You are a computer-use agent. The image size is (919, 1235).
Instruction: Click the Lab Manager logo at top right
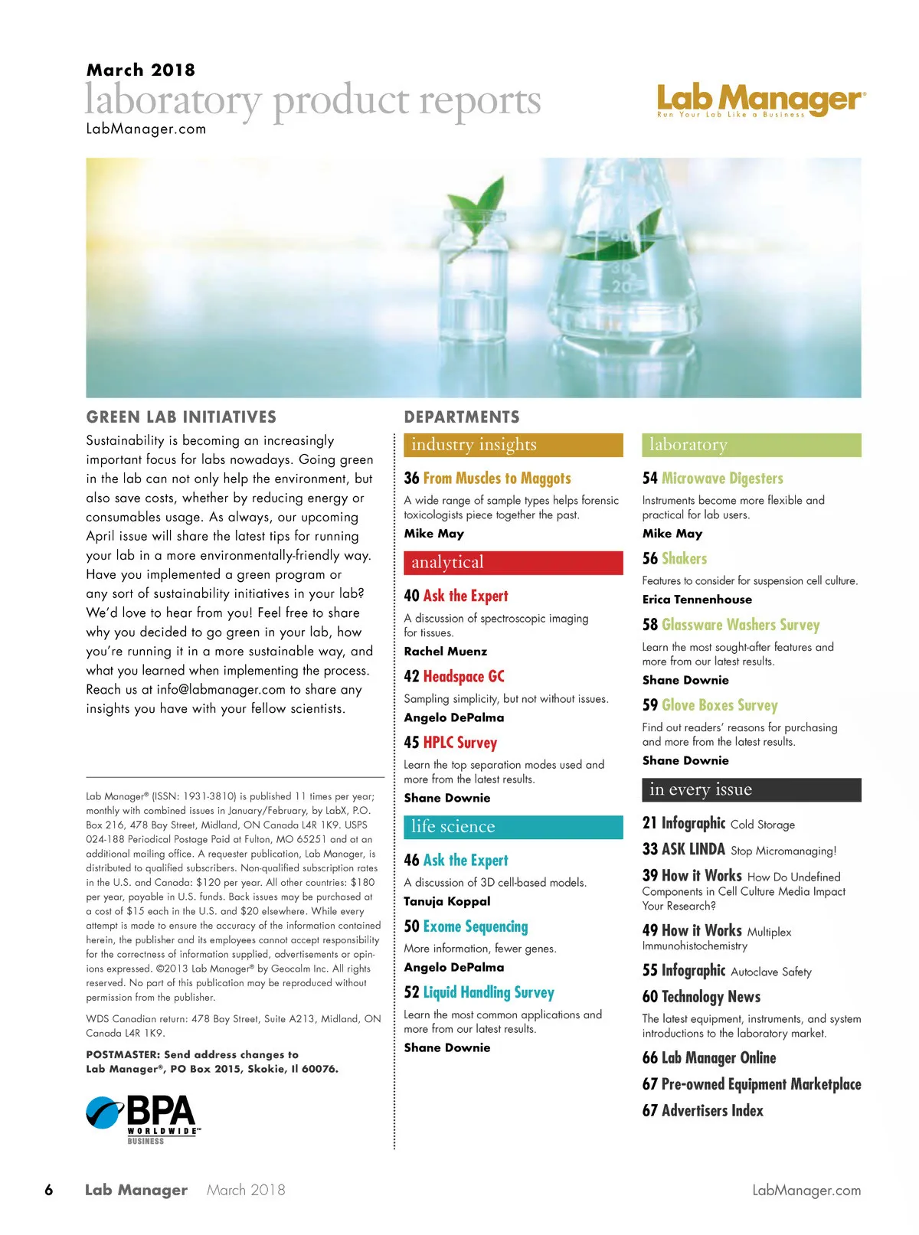click(x=761, y=100)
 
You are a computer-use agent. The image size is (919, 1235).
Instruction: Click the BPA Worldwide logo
click(x=144, y=1119)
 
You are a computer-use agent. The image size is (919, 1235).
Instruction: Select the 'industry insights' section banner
click(x=513, y=445)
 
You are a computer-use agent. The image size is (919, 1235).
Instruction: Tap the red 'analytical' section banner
click(x=513, y=562)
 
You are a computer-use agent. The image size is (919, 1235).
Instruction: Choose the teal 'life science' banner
click(x=513, y=827)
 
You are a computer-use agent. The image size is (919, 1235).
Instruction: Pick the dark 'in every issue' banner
click(x=751, y=789)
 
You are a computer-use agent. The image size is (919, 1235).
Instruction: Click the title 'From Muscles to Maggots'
click(x=496, y=479)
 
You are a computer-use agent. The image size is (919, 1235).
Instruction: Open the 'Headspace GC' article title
click(x=463, y=677)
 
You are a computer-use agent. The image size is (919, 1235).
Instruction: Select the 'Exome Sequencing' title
click(x=475, y=926)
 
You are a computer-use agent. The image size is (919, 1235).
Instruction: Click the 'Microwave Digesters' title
click(x=722, y=479)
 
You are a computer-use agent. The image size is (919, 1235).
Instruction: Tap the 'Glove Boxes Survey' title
click(x=719, y=705)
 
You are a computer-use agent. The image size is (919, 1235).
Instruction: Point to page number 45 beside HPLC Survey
click(x=411, y=743)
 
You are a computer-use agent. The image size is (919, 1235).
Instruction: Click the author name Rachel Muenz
click(x=445, y=652)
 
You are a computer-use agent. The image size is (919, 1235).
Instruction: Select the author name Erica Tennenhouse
click(x=697, y=600)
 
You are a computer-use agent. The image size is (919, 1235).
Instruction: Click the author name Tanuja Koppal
click(x=447, y=901)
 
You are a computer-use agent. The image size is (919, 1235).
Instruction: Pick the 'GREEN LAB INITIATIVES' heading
click(x=182, y=417)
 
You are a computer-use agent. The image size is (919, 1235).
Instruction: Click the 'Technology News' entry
click(x=711, y=997)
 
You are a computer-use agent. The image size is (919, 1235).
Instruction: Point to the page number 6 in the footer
click(x=49, y=1190)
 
